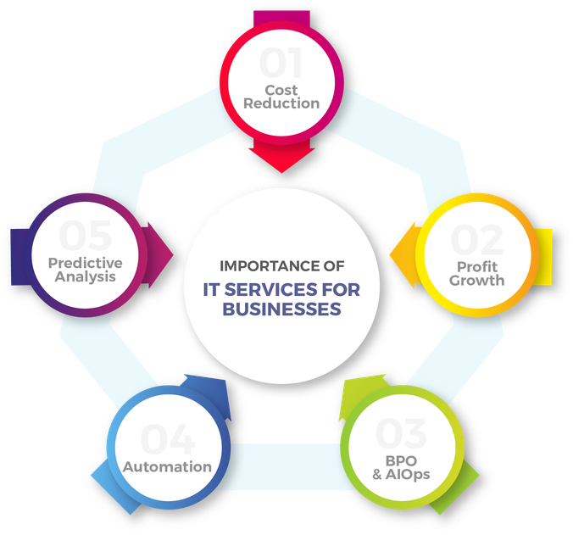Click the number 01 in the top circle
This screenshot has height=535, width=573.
point(282,64)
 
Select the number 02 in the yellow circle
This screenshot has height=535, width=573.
point(476,241)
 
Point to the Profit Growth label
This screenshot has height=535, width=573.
point(476,272)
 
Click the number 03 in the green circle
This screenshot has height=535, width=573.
point(401,433)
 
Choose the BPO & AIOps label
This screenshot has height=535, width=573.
point(401,467)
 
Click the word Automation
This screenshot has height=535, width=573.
point(167,466)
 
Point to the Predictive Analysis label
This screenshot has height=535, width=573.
point(85,269)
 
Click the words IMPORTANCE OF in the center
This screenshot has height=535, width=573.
point(282,265)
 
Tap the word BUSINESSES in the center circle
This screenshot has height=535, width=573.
point(281,309)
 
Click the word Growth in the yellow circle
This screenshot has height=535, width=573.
point(476,280)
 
